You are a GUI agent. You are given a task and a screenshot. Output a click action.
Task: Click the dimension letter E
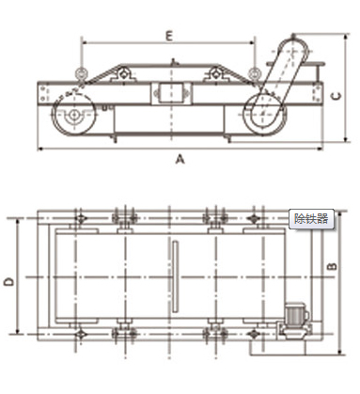(169, 36)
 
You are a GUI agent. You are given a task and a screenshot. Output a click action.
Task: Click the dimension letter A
(180, 159)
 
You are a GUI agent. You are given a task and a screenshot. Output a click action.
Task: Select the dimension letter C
(337, 96)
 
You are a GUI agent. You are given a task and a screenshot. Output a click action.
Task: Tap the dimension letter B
(332, 266)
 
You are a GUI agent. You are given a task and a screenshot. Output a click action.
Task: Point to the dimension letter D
(9, 281)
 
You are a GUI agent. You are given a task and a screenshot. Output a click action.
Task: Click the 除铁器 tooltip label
(311, 218)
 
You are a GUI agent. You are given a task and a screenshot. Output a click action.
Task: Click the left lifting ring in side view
(81, 74)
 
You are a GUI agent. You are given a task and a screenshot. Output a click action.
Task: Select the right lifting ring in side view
(254, 74)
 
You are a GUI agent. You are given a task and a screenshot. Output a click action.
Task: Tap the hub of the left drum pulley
(74, 115)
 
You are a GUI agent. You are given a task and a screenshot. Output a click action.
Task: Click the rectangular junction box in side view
(171, 93)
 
